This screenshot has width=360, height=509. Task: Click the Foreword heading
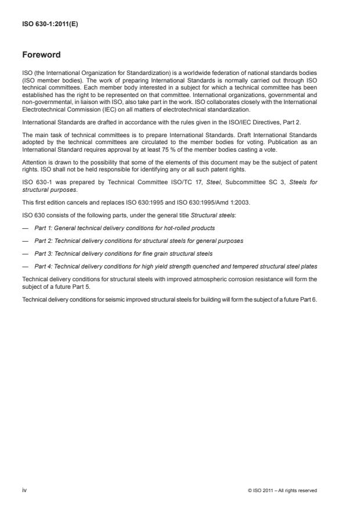pos(41,55)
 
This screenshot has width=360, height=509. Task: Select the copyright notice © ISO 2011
pos(282,490)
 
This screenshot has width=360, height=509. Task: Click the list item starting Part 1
pos(124,228)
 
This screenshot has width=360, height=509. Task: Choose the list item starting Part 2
pos(139,241)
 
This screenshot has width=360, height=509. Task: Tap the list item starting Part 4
pos(175,266)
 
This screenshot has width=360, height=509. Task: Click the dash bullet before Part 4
pos(26,266)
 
